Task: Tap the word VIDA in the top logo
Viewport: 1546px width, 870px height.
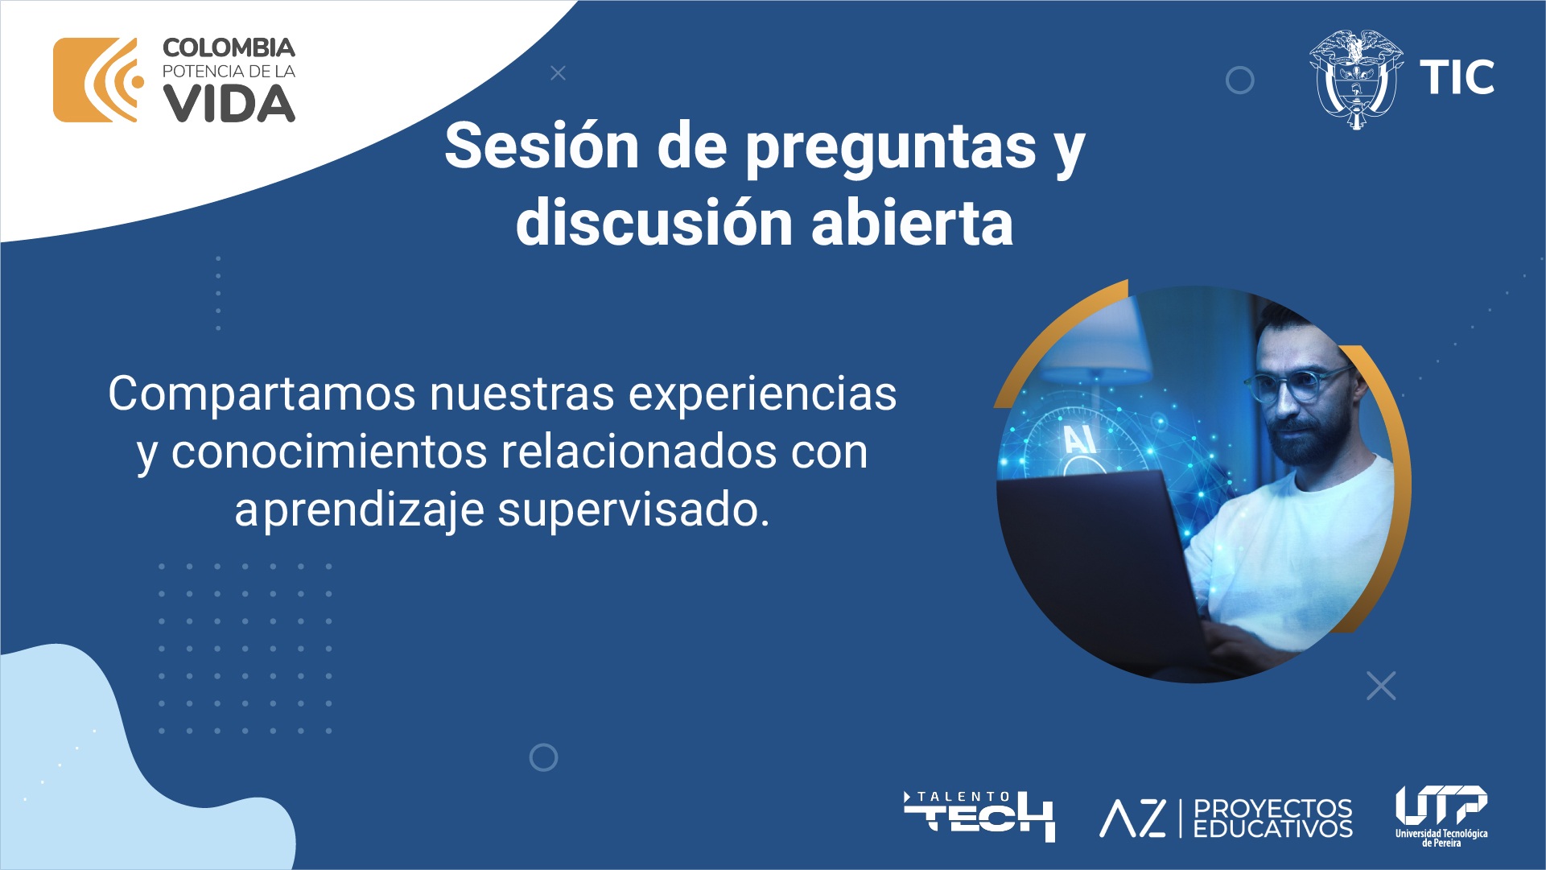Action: point(229,104)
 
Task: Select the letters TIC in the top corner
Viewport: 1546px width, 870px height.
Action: point(1457,78)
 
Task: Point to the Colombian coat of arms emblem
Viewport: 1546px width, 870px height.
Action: point(1356,79)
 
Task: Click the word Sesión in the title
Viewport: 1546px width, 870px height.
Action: point(542,146)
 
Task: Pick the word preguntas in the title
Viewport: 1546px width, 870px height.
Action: point(891,150)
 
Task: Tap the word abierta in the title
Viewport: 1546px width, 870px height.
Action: point(913,222)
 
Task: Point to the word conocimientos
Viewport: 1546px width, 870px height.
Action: point(329,451)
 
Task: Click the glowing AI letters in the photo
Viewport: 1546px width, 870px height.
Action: point(1079,439)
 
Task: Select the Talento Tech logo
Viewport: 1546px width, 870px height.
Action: point(979,816)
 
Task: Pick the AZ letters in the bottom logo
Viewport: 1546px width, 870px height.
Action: point(1133,818)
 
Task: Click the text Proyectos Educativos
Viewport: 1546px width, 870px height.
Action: point(1272,818)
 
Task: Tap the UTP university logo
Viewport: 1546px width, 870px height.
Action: point(1441,816)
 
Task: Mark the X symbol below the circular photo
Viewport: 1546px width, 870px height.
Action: point(1381,686)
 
